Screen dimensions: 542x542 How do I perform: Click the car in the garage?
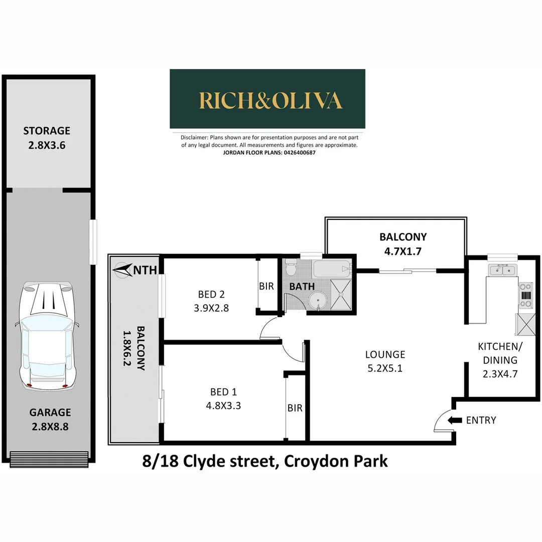pos(47,336)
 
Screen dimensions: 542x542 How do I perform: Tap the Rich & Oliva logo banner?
pos(267,99)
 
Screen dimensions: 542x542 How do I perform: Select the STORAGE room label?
pos(47,131)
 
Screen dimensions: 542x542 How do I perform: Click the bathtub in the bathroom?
pos(332,270)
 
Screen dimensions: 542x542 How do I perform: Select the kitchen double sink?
pos(502,271)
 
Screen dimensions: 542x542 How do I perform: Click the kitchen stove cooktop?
pos(525,296)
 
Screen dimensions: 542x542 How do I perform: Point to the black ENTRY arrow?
pos(455,421)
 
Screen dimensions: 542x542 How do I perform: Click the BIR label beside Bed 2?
pos(266,287)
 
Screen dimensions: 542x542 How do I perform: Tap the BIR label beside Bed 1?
pos(295,409)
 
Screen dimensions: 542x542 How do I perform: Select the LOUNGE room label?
pos(385,354)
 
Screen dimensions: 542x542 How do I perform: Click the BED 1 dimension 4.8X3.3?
pos(223,405)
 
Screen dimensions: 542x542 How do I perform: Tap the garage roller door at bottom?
pos(49,458)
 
